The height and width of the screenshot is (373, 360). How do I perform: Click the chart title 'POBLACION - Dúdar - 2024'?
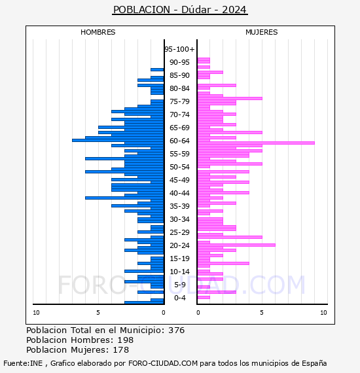tap(180, 10)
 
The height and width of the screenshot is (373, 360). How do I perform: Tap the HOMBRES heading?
tap(98, 32)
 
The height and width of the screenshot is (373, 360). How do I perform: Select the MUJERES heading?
tap(262, 32)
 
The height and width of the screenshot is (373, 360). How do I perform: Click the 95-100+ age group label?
tap(179, 49)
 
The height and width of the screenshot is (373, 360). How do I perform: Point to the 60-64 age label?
tap(179, 141)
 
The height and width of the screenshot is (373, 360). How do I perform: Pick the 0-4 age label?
tap(179, 298)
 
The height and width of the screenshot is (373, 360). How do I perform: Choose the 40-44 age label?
tap(179, 193)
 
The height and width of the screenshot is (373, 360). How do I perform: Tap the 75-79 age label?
tap(179, 101)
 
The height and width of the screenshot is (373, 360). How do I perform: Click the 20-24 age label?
tap(179, 245)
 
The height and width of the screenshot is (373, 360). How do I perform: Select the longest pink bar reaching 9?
tap(256, 143)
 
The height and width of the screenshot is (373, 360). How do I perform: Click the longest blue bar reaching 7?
tap(118, 140)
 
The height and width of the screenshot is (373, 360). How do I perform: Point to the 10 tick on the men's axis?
tap(36, 313)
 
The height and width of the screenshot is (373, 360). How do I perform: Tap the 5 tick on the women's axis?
tap(262, 313)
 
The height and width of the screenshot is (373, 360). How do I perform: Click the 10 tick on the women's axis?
tap(323, 313)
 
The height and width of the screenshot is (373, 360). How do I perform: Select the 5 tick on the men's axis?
tap(98, 313)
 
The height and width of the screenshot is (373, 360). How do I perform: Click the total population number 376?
tap(176, 330)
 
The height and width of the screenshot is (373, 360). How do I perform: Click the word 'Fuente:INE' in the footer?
tap(23, 363)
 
